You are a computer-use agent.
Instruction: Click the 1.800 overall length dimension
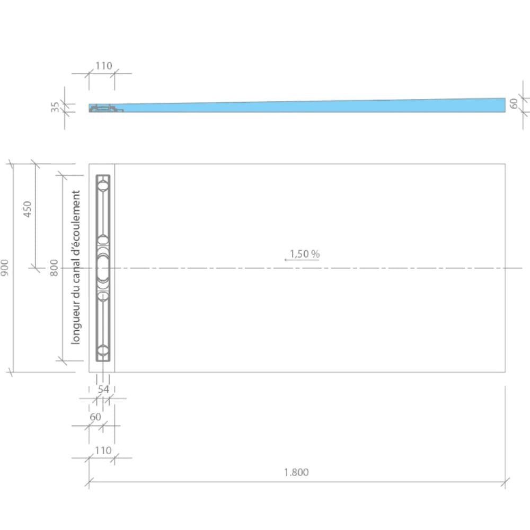point(296,472)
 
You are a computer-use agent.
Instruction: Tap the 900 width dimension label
point(4,268)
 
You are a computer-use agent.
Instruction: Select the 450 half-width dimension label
point(27,209)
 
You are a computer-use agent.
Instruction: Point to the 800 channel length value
point(54,268)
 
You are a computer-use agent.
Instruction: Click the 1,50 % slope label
point(305,254)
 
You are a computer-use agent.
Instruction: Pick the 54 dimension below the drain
point(103,390)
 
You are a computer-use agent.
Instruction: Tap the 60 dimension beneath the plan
point(95,417)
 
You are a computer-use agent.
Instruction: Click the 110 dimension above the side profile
point(103,66)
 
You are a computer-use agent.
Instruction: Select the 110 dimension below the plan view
point(103,450)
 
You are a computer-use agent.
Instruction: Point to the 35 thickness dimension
point(55,107)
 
